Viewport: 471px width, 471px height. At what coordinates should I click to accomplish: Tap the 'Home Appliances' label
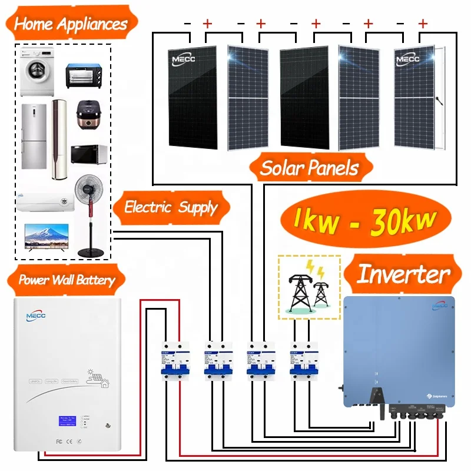click(x=70, y=24)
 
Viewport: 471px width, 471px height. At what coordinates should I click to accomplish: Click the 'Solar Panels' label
click(x=310, y=168)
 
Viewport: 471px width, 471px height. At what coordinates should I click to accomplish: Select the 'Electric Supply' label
click(x=170, y=207)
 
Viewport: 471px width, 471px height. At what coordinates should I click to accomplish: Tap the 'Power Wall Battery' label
click(x=66, y=280)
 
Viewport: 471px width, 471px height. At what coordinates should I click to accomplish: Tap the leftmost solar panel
click(x=191, y=97)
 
